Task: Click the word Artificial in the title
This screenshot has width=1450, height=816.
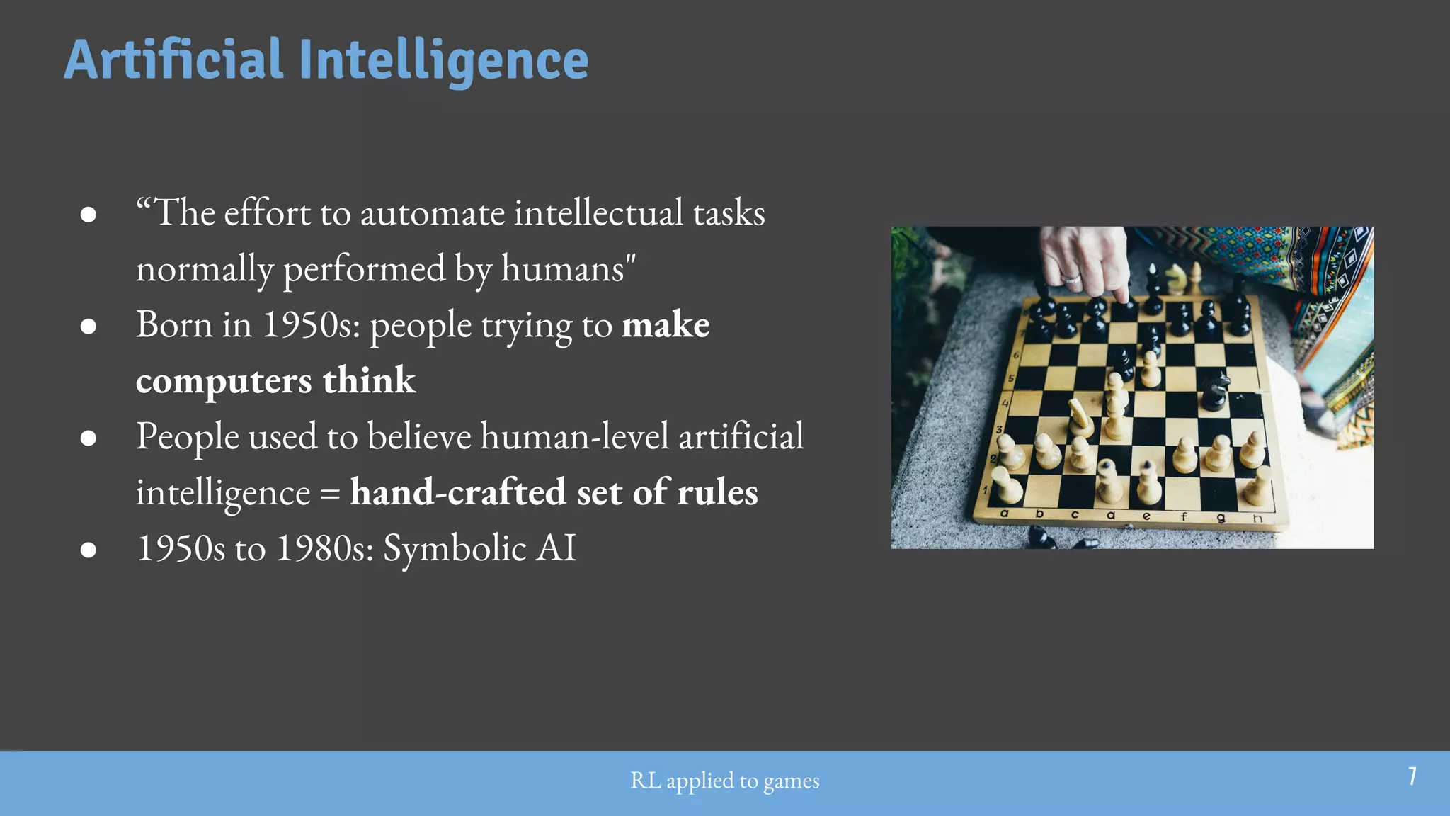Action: pyautogui.click(x=173, y=59)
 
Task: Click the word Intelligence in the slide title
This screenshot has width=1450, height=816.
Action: pyautogui.click(x=444, y=61)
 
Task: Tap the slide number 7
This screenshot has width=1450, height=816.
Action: pyautogui.click(x=1412, y=776)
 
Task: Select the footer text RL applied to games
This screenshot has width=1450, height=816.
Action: pyautogui.click(x=724, y=781)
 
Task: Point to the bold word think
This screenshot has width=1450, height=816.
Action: pyautogui.click(x=369, y=380)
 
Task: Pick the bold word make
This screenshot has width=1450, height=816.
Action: pyautogui.click(x=666, y=325)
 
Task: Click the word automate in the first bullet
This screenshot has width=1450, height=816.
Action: pyautogui.click(x=433, y=213)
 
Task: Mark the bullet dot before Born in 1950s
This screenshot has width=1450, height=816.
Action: pyautogui.click(x=89, y=326)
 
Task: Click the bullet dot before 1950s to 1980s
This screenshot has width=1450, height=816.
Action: pyautogui.click(x=89, y=550)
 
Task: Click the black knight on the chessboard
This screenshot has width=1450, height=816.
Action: pyautogui.click(x=1215, y=389)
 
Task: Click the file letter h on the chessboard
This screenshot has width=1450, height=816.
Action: pyautogui.click(x=1257, y=518)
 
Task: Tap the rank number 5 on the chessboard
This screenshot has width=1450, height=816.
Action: pyautogui.click(x=1011, y=378)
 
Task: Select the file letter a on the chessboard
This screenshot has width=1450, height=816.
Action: pyautogui.click(x=1004, y=513)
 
